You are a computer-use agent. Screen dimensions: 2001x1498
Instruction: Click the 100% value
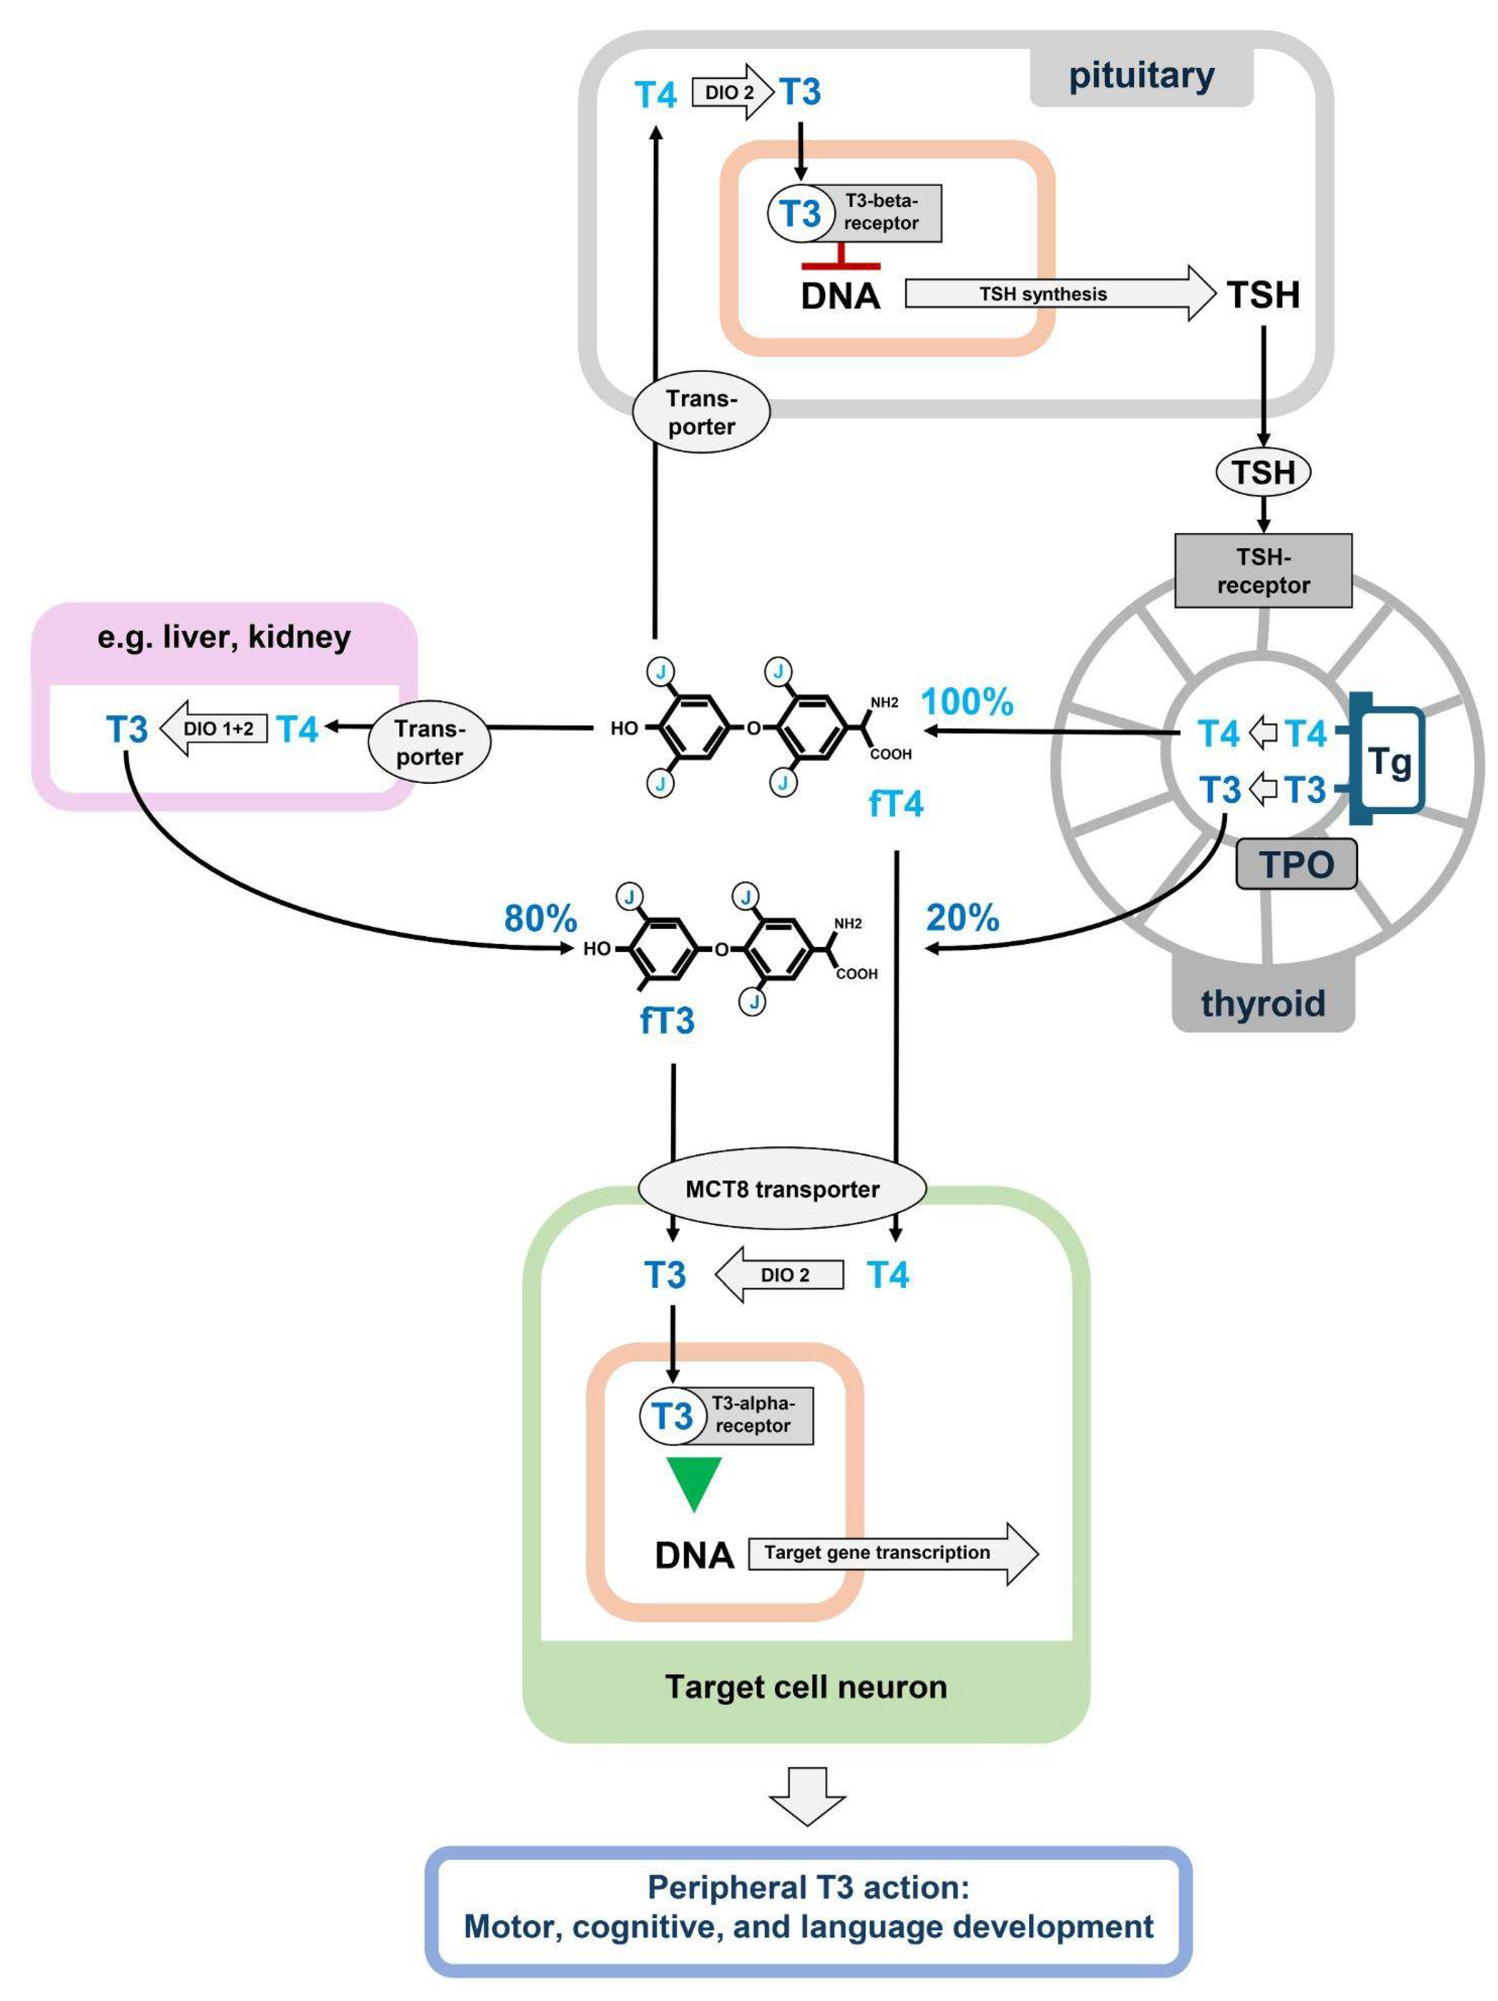967,702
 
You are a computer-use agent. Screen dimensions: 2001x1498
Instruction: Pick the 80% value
540,918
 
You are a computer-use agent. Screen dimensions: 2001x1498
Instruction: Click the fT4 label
896,803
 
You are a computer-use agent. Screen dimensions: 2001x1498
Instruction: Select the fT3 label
667,1020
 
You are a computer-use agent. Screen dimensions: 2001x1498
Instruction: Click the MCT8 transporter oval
782,1188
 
